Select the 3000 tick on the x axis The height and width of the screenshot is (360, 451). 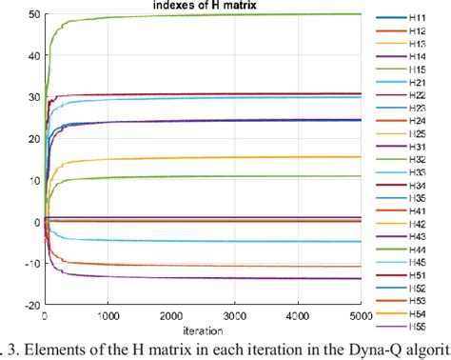coord(297,317)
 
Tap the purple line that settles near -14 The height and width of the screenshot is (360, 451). coord(238,277)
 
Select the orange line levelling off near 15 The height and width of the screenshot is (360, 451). coord(238,158)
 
